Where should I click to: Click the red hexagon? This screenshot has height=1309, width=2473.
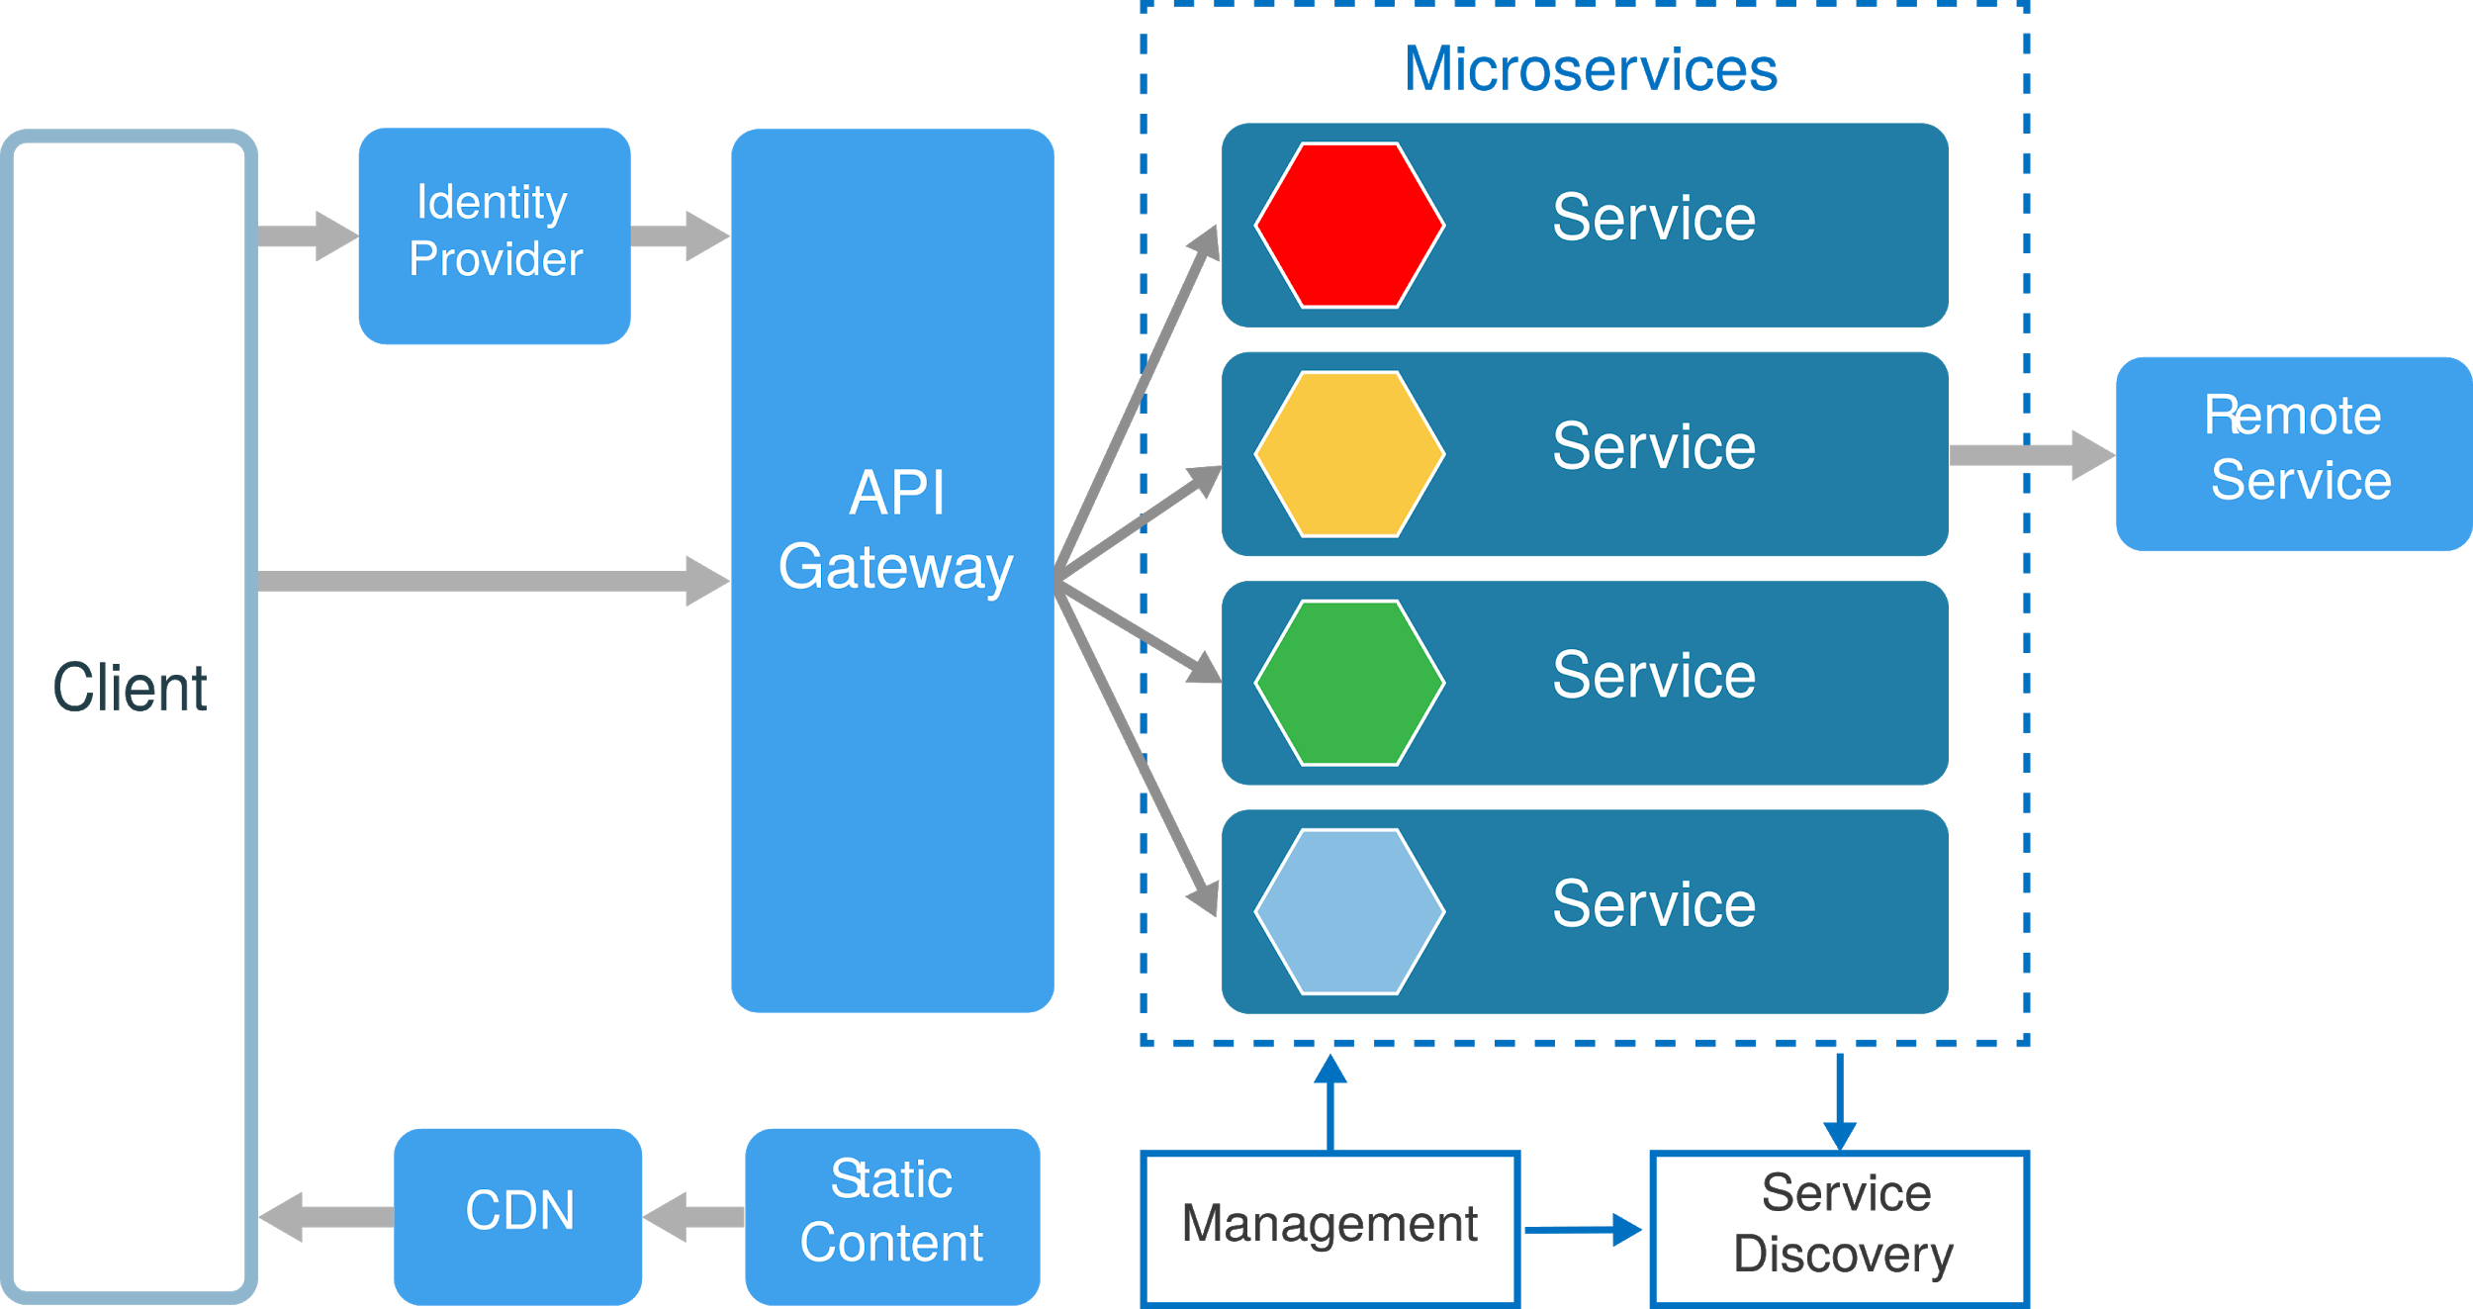[x=1349, y=226]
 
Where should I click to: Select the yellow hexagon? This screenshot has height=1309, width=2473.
[x=1349, y=454]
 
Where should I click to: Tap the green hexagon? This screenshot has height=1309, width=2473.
[x=1349, y=683]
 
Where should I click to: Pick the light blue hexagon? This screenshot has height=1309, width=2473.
[x=1349, y=911]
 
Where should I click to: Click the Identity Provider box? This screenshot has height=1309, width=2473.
[x=494, y=235]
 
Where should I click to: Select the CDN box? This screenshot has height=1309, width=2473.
[x=518, y=1216]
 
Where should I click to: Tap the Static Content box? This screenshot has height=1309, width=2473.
[x=891, y=1216]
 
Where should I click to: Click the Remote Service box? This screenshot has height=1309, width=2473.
[x=2293, y=453]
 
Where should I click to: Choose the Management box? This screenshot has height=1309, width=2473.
[x=1329, y=1227]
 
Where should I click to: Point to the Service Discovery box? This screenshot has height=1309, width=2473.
[x=1840, y=1227]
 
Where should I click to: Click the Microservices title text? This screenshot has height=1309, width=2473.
[x=1590, y=69]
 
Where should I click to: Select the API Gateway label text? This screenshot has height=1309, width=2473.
[x=895, y=530]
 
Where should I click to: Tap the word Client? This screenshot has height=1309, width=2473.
[x=130, y=689]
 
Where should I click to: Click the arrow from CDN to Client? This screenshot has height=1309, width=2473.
[x=326, y=1217]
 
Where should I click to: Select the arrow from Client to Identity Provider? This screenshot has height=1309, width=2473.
[x=308, y=235]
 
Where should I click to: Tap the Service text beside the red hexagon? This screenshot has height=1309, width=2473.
[x=1653, y=218]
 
